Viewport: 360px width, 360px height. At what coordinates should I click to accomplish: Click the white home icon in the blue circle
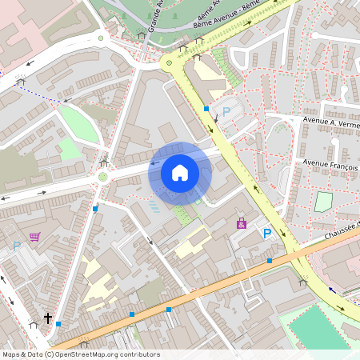click(x=180, y=173)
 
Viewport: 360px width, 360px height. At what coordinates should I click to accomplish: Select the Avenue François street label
click(x=330, y=162)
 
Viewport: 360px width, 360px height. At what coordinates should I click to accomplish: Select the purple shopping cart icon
click(x=34, y=237)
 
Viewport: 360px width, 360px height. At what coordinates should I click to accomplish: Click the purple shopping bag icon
click(x=241, y=224)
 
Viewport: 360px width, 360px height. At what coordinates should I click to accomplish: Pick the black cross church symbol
click(x=47, y=318)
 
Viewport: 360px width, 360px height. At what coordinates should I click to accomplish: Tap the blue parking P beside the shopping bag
click(x=267, y=233)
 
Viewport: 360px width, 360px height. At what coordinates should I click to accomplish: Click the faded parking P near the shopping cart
click(x=16, y=246)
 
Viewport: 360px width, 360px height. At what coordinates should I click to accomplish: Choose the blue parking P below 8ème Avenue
click(x=226, y=113)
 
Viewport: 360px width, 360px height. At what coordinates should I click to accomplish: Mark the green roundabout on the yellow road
click(x=168, y=63)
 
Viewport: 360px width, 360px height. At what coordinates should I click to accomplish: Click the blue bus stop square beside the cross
click(x=58, y=324)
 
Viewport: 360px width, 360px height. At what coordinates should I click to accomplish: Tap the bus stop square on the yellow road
click(x=206, y=108)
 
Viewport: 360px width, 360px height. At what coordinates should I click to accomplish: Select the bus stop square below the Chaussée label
click(x=270, y=261)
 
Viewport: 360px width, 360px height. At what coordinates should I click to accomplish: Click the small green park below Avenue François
click(x=323, y=202)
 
